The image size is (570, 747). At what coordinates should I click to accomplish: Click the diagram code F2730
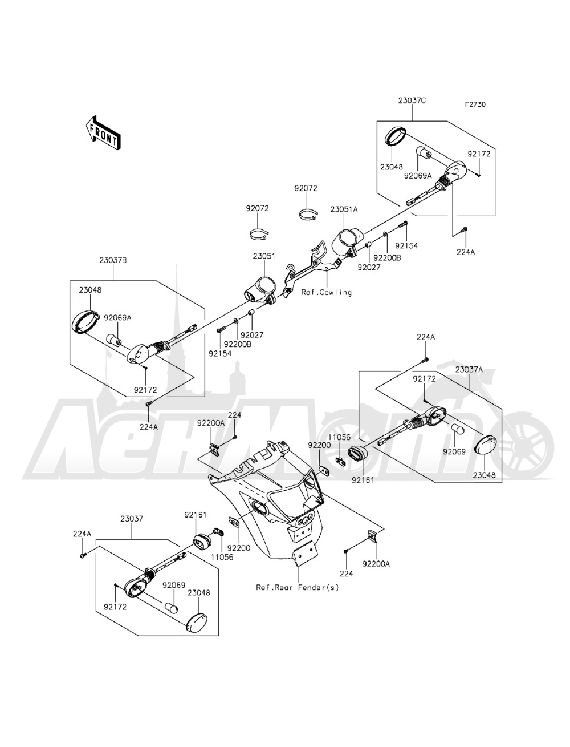[x=476, y=105]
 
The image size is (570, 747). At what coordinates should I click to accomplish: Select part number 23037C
[x=412, y=101]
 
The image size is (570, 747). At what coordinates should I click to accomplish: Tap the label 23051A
[x=344, y=209]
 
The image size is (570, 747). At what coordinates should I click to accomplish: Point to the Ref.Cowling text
[x=327, y=292]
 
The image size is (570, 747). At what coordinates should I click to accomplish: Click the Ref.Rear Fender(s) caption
[x=297, y=587]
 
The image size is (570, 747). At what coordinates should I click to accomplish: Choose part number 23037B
[x=113, y=260]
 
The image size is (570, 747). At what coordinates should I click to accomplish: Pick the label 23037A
[x=469, y=369]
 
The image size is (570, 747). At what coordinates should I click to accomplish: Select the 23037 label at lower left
[x=132, y=519]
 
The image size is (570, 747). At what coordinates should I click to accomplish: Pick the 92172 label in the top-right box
[x=479, y=154]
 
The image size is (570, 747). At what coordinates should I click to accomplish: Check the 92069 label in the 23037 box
[x=172, y=585]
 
